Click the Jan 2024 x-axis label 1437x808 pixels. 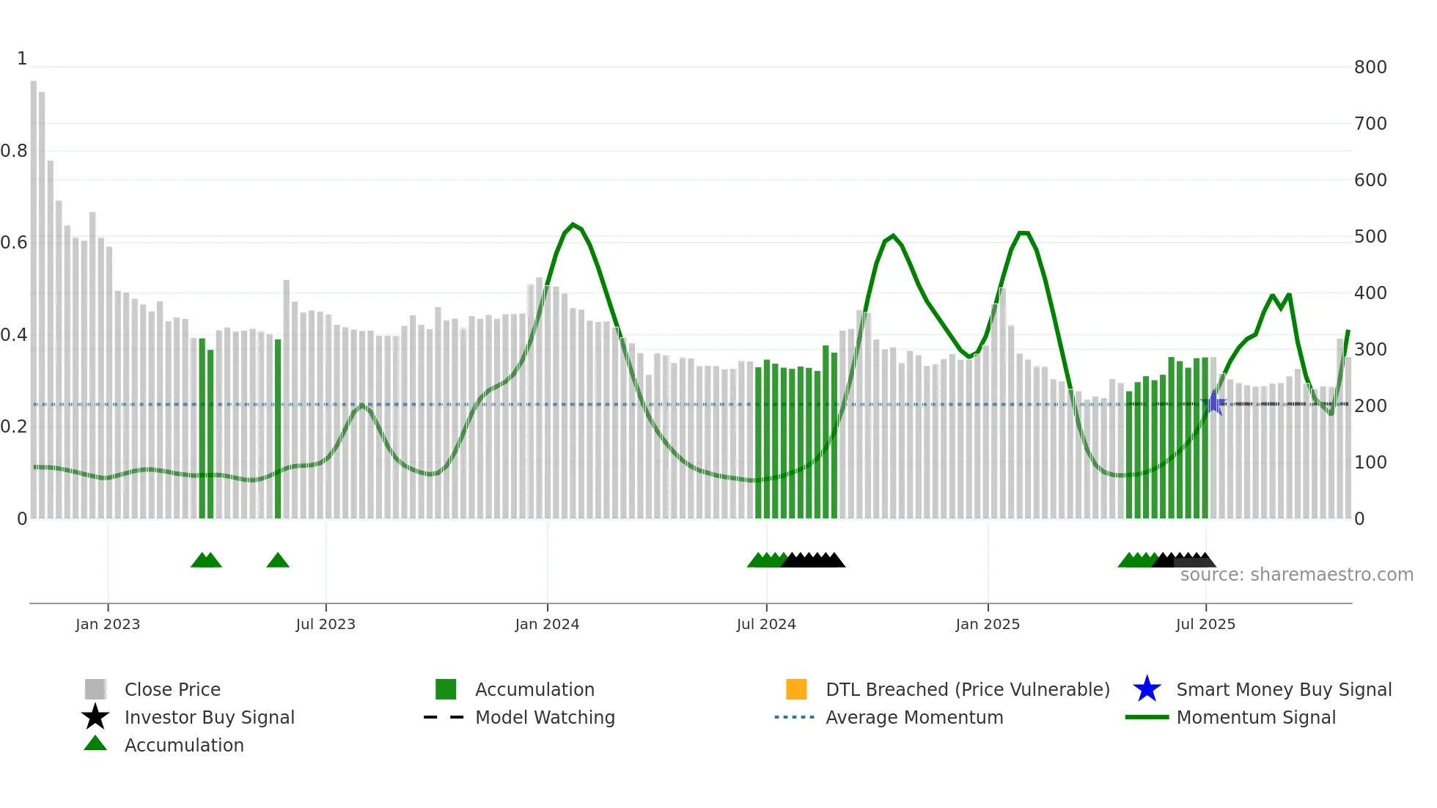(x=547, y=624)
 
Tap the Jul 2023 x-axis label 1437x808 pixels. (x=326, y=624)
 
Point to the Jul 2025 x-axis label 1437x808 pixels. (x=1205, y=624)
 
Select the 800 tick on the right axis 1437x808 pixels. (x=1370, y=67)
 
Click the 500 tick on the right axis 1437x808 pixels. (x=1370, y=237)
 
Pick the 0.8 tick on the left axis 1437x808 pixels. (x=14, y=151)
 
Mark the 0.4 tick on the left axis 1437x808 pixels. (x=14, y=335)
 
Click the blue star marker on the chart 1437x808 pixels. (x=1214, y=403)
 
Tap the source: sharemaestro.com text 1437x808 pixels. (x=1296, y=575)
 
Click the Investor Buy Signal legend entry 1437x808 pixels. (x=209, y=718)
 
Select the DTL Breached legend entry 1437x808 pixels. (x=967, y=690)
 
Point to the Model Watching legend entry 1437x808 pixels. (x=544, y=718)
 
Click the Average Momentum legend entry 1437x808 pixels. (x=914, y=718)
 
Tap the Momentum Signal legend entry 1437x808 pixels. (x=1255, y=718)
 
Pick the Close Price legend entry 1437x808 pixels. (x=172, y=690)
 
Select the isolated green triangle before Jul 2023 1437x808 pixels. (x=278, y=561)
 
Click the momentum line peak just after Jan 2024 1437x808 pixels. (x=573, y=224)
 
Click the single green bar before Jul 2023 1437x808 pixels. (x=278, y=429)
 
